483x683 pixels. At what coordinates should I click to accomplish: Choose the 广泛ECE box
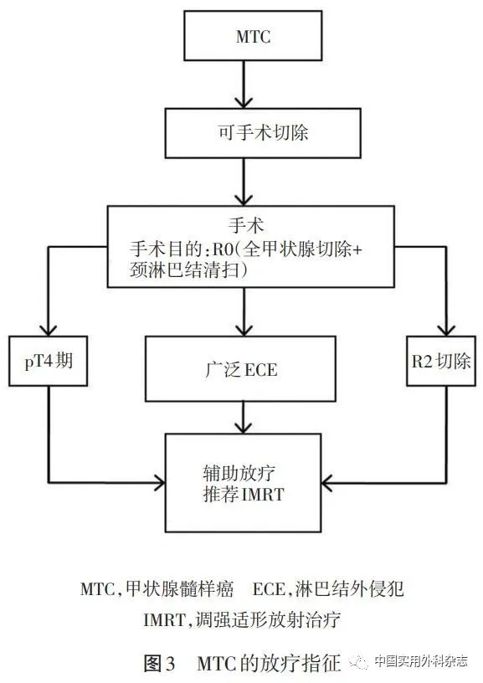(243, 368)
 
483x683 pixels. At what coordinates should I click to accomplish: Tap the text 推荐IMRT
(243, 495)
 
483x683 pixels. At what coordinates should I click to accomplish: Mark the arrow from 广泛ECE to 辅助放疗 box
(243, 416)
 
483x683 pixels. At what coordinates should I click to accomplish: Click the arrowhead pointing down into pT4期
(49, 330)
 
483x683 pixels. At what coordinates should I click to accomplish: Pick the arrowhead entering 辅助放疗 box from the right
(329, 482)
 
